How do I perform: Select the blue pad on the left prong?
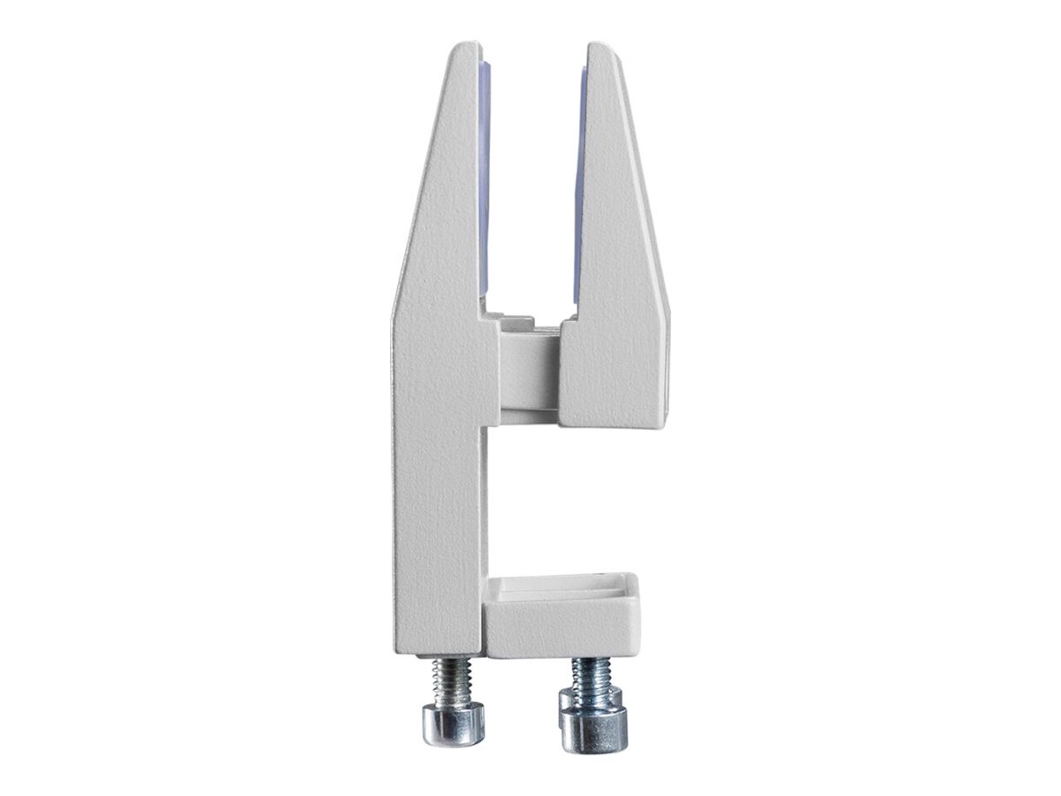(x=484, y=177)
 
